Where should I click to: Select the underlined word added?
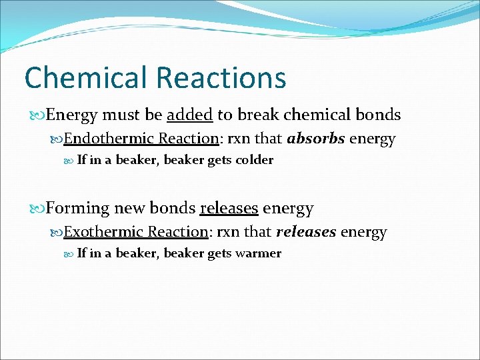[189, 115]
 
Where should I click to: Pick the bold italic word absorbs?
[316, 139]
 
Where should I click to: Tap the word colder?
[254, 160]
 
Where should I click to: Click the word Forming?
[77, 208]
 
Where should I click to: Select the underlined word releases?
[229, 208]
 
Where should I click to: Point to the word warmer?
[258, 253]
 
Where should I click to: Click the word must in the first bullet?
[121, 115]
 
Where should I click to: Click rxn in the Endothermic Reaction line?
[239, 139]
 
